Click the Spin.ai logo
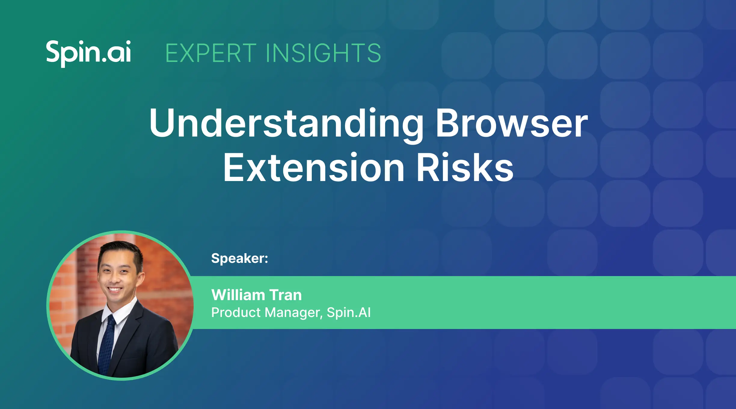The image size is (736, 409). pyautogui.click(x=88, y=53)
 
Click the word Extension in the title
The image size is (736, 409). pyautogui.click(x=314, y=167)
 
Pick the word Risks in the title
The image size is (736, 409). pyautogui.click(x=465, y=167)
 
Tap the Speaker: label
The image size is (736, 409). pyautogui.click(x=240, y=258)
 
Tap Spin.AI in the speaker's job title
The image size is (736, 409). pyautogui.click(x=349, y=312)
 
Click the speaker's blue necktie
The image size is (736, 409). pyautogui.click(x=107, y=346)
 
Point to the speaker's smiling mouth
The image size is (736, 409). pyautogui.click(x=115, y=290)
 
